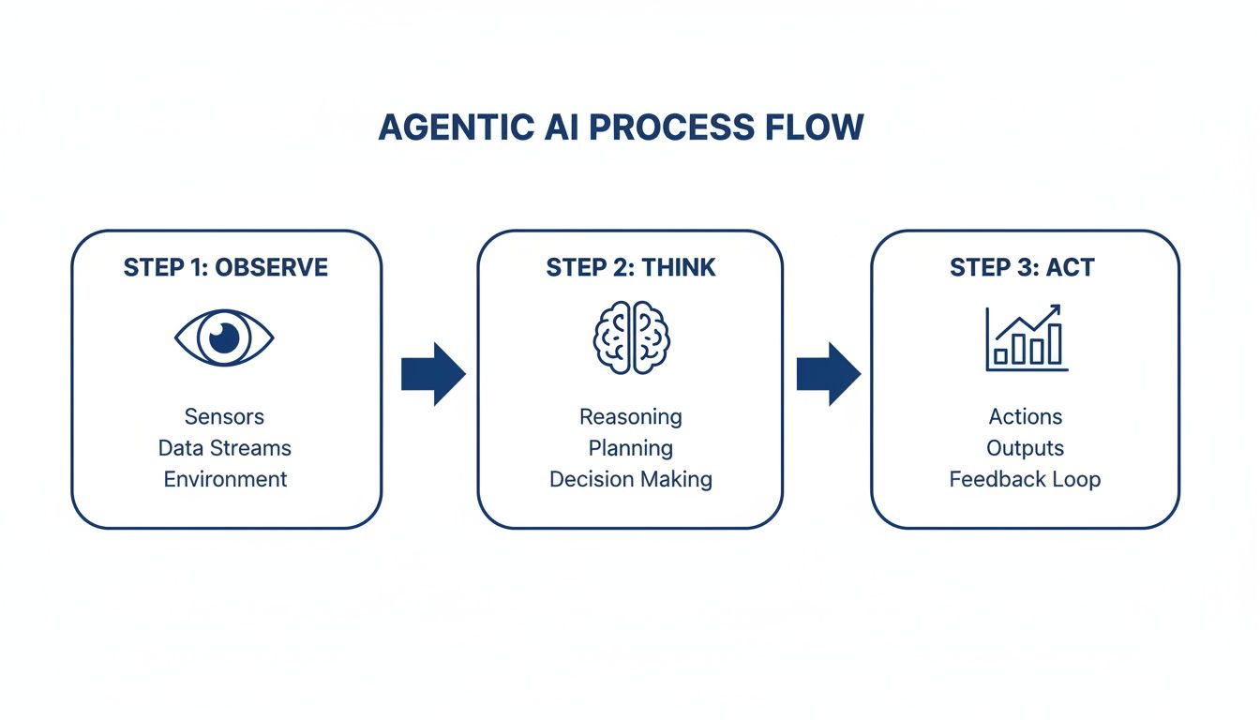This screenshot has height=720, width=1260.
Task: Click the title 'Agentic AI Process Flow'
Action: coord(621,127)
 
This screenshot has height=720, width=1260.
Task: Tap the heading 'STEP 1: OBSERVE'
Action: coord(226,267)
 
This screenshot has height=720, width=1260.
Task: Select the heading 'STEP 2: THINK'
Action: coord(630,267)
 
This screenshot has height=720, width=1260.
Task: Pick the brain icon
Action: coord(630,337)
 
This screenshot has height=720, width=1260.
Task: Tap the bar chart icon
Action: coord(1026,338)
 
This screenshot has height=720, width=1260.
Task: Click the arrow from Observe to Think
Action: coord(433,373)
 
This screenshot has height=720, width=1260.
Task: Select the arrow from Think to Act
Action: coord(829,373)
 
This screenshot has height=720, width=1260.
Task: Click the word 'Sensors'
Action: coord(225,417)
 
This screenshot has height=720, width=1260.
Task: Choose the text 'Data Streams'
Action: coord(225,448)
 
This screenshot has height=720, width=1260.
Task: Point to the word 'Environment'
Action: coord(225,479)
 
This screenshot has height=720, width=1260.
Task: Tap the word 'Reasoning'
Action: coord(630,417)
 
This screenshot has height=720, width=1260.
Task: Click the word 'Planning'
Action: coord(630,448)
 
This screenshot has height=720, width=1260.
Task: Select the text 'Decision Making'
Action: coord(630,479)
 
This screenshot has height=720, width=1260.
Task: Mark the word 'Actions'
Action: coord(1025,417)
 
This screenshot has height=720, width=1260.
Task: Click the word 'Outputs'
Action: coord(1025,448)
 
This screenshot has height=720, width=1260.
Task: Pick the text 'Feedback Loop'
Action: coord(1025,479)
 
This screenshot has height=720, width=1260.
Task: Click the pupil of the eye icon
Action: coord(224,337)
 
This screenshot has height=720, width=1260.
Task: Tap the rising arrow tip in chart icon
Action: coord(1056,308)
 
